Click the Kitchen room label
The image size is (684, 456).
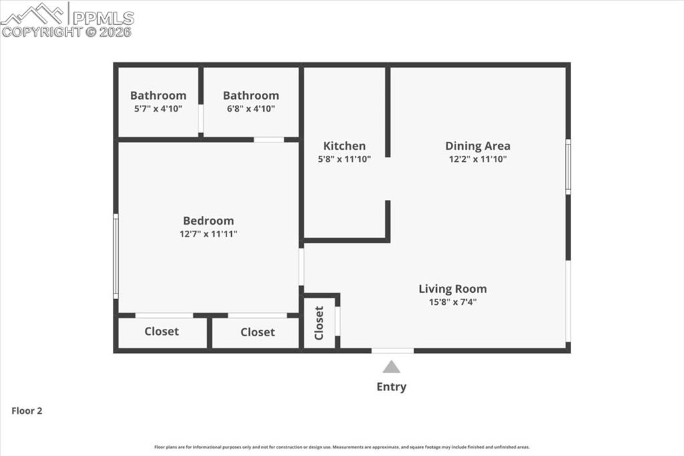tap(344, 146)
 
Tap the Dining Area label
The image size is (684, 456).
tap(478, 146)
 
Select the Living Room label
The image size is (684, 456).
tap(452, 289)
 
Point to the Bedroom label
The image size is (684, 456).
tap(208, 221)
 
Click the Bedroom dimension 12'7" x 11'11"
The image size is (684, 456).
tap(208, 234)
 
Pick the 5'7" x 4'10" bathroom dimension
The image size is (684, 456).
tap(158, 108)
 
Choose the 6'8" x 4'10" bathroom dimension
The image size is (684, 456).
tap(250, 108)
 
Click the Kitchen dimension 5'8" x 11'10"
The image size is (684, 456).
tap(344, 159)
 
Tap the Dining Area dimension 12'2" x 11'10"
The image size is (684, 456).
tap(478, 159)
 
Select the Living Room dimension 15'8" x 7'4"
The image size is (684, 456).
tap(452, 302)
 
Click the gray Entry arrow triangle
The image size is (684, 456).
tap(391, 367)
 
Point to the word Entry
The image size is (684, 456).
tap(391, 386)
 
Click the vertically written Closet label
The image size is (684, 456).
tap(319, 322)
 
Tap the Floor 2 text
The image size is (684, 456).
tap(27, 411)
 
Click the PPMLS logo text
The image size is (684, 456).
tap(104, 17)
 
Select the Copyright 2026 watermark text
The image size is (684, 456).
tap(66, 31)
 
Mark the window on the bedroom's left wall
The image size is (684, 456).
tap(116, 255)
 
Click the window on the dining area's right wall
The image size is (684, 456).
tap(568, 166)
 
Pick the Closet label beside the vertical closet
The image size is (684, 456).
tap(257, 332)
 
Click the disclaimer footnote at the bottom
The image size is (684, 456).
tap(342, 447)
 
